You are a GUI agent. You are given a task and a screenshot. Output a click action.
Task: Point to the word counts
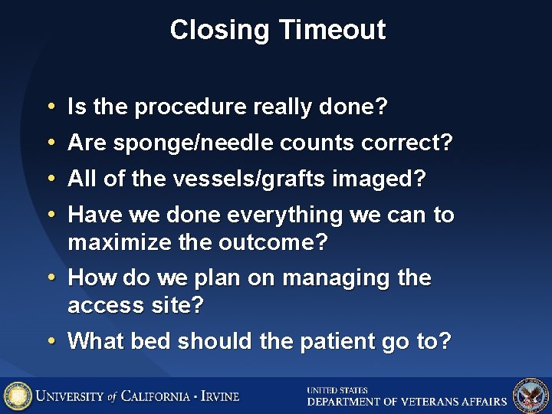(319, 143)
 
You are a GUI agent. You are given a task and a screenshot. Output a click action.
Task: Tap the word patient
(336, 341)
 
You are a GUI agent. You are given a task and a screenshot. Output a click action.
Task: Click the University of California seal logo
(18, 396)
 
